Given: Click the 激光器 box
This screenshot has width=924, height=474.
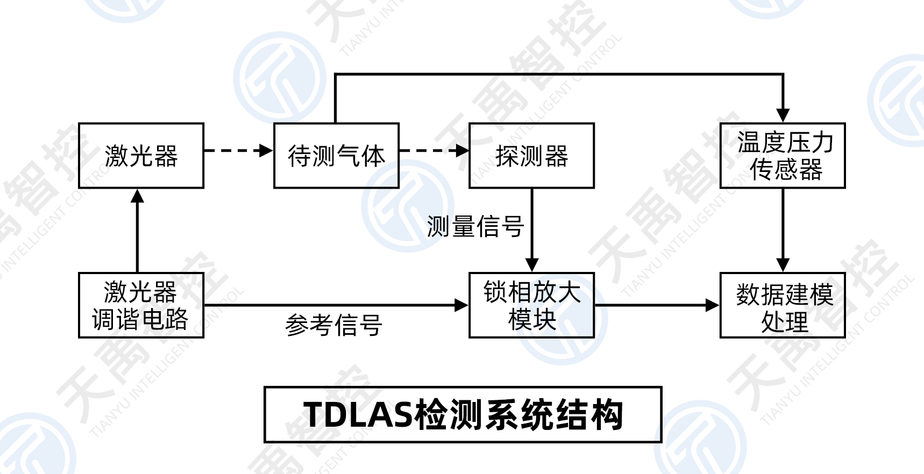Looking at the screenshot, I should (141, 156).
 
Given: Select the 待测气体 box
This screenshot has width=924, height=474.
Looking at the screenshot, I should (336, 156).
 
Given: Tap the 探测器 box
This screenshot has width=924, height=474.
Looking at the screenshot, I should (531, 156).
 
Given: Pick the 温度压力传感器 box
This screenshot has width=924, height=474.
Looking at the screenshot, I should (783, 156).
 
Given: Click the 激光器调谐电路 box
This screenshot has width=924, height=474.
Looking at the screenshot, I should (141, 305).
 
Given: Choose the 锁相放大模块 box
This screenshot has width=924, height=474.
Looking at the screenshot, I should (531, 305).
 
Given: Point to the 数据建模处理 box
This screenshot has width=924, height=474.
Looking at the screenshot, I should (783, 305).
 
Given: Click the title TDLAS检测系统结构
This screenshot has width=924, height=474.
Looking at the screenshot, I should (463, 414).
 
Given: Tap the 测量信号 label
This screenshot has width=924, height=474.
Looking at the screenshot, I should (475, 226).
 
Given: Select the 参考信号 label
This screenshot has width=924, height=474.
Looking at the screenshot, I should (333, 325).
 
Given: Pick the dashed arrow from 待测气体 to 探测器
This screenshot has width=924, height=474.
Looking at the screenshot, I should (433, 150).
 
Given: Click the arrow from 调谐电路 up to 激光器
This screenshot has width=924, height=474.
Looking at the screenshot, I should (138, 231).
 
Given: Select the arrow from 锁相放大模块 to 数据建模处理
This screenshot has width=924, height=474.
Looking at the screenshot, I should (657, 305).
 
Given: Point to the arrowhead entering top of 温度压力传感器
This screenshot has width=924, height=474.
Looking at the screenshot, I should (783, 115).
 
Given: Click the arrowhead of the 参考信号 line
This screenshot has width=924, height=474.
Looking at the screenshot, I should (461, 305).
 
